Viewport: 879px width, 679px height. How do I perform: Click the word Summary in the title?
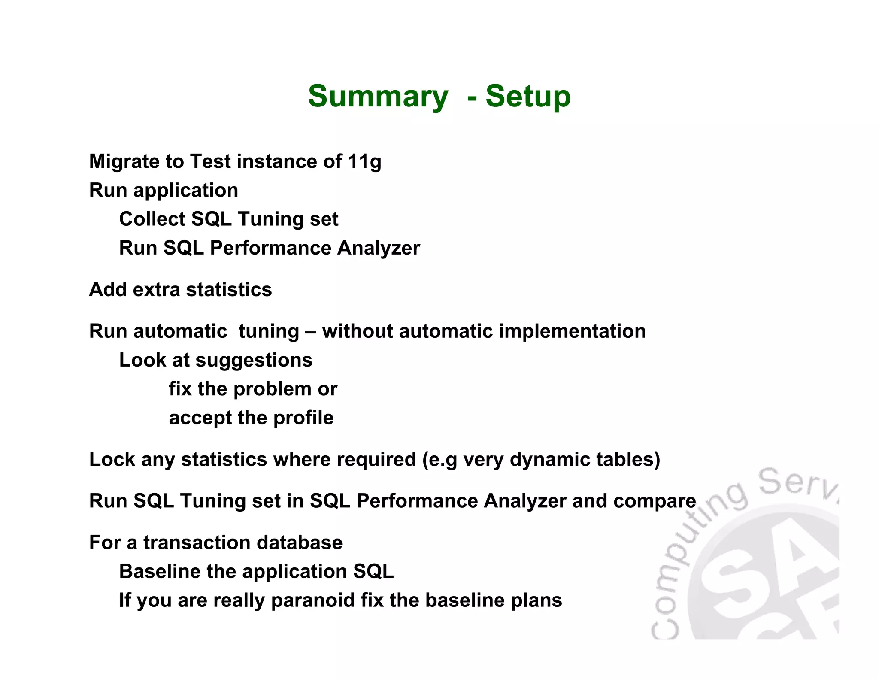click(x=378, y=97)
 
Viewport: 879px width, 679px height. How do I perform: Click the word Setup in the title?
click(x=528, y=97)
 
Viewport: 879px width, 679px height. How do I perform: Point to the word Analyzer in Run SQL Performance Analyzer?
click(x=379, y=248)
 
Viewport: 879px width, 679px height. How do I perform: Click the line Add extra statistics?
click(x=180, y=290)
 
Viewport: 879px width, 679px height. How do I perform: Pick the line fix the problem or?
click(x=253, y=389)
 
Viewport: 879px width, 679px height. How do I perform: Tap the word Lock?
click(x=112, y=460)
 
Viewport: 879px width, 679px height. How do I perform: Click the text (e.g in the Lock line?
click(x=440, y=460)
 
